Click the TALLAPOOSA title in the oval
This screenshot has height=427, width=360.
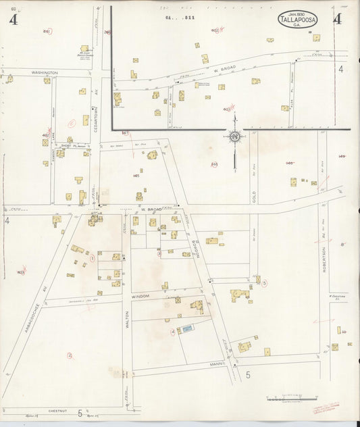(296, 20)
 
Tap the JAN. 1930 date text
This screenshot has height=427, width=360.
(296, 14)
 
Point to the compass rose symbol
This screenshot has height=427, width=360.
(234, 136)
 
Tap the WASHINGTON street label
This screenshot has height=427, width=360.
(45, 72)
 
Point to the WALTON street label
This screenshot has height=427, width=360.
(127, 317)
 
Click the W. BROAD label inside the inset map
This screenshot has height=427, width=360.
(222, 68)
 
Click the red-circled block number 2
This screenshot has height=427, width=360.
(69, 355)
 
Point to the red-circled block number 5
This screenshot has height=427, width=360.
(265, 283)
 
